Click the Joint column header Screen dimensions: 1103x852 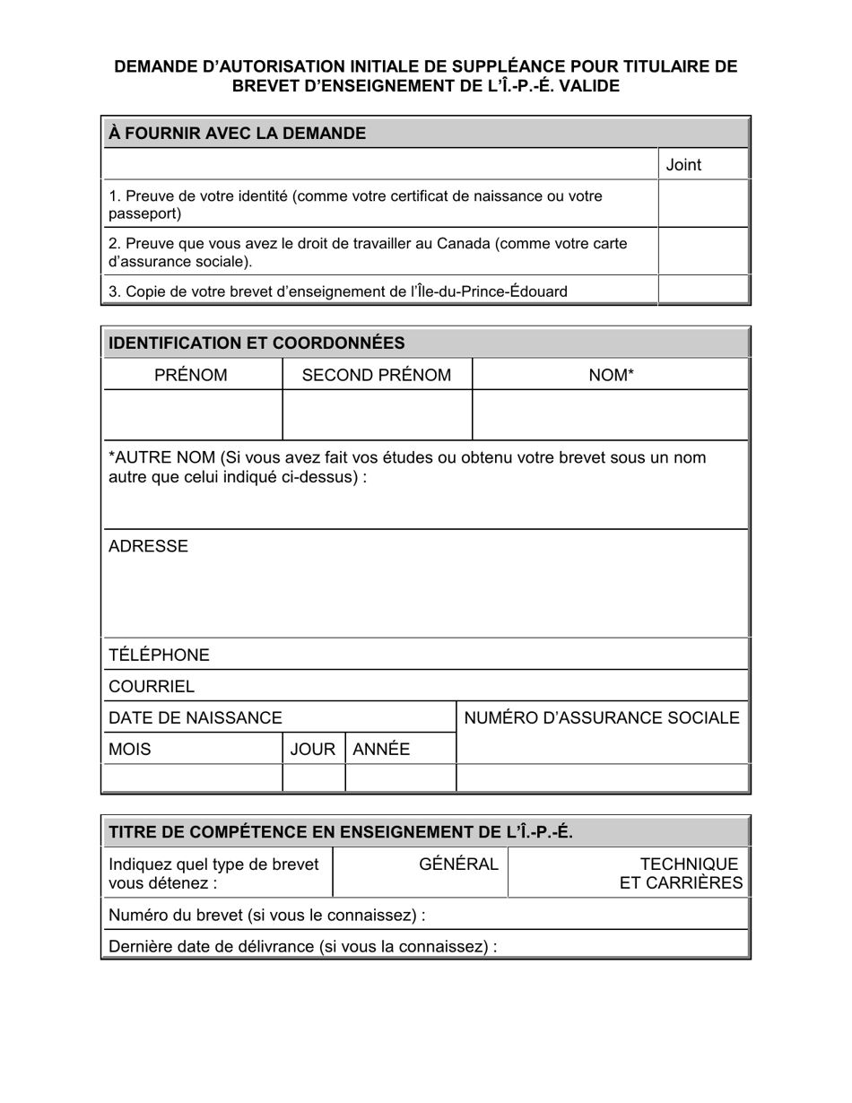point(683,164)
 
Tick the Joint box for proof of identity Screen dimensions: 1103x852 point(703,204)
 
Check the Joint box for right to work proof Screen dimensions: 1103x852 point(703,251)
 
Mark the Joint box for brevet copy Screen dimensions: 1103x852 point(703,291)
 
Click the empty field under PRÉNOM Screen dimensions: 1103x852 point(193,414)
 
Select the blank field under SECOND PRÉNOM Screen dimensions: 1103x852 point(377,414)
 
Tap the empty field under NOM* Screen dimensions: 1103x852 point(610,414)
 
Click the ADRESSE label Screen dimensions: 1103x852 point(148,546)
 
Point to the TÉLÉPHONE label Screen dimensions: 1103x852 point(159,655)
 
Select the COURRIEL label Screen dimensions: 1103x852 point(151,687)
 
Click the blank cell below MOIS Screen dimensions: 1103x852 point(193,777)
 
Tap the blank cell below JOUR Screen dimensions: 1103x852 point(314,777)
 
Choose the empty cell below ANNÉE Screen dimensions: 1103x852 point(400,777)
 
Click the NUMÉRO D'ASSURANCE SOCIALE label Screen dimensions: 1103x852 point(601,717)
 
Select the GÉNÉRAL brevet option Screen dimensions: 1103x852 point(458,864)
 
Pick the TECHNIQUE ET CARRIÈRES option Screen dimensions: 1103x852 point(681,873)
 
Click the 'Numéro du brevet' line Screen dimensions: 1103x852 point(266,915)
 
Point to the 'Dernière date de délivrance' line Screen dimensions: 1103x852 point(302,946)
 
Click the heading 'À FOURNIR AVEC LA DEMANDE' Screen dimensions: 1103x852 point(237,134)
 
